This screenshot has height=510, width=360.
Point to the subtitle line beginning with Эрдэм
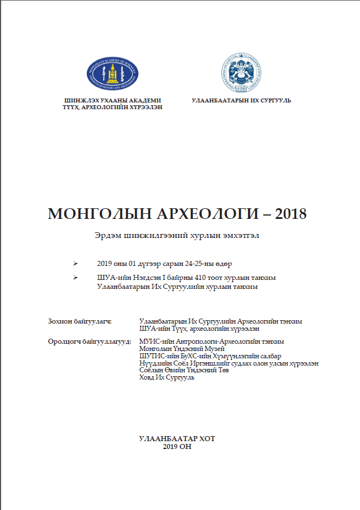(177, 236)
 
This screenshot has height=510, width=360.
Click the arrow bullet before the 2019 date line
(76, 263)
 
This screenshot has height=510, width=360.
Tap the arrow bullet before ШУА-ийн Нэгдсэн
(76, 278)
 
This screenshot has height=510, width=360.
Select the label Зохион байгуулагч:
(81, 321)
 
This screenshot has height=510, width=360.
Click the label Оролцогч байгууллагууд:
(90, 341)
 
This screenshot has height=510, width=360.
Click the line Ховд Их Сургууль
(166, 378)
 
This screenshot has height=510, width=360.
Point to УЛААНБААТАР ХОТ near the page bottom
(176, 439)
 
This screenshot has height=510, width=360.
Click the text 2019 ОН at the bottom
(176, 446)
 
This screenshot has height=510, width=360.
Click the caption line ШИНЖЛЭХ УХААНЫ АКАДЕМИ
(113, 99)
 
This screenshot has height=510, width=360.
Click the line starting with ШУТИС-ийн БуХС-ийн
(210, 356)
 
